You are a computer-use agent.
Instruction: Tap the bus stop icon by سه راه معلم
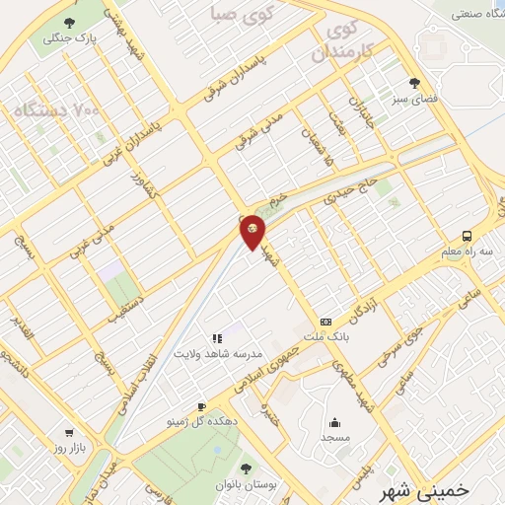(x=466, y=236)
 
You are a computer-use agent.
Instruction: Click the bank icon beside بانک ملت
(x=325, y=322)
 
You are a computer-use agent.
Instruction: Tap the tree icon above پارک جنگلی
(x=67, y=23)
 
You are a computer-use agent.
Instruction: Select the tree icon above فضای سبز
(x=413, y=83)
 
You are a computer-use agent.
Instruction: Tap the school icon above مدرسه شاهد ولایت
(x=217, y=338)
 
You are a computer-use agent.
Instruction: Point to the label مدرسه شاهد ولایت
(x=218, y=353)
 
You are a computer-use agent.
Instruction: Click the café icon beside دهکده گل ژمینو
(x=201, y=406)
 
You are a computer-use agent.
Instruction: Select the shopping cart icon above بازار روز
(x=68, y=432)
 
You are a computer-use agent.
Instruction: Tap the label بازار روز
(x=69, y=449)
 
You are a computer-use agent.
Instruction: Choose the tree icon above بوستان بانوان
(x=246, y=468)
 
